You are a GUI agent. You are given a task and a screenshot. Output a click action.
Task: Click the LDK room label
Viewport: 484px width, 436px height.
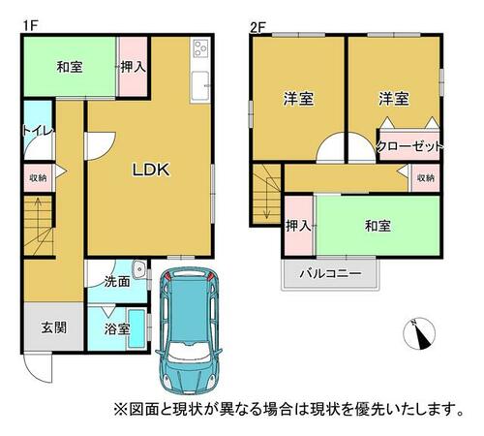tap(151, 170)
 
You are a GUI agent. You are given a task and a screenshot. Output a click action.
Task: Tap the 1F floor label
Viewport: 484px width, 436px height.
tap(31, 26)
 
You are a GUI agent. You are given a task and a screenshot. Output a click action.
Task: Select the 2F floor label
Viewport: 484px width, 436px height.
tap(258, 27)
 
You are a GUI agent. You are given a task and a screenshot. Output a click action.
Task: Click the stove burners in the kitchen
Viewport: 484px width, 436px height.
tap(200, 48)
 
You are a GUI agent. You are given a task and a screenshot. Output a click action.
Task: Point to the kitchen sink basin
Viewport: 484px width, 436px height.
tap(200, 85)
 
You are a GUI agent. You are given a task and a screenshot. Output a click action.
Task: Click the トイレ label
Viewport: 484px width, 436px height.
tap(38, 131)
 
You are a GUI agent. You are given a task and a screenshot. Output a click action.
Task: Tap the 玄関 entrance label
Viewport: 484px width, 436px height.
tap(54, 327)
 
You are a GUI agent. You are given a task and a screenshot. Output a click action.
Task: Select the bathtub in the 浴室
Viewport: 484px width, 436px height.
tap(136, 328)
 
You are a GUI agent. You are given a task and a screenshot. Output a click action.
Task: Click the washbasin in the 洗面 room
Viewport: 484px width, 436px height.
tap(139, 269)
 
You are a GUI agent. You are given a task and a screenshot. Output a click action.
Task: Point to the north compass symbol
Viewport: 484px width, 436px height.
tap(419, 333)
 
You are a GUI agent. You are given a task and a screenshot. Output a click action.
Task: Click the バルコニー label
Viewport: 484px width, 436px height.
tap(330, 274)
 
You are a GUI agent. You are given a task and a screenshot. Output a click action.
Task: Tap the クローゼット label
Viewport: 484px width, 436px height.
tap(409, 147)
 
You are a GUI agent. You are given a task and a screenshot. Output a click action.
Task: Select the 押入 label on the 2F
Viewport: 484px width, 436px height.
tap(298, 226)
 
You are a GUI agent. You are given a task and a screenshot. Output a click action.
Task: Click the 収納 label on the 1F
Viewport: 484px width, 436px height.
tap(38, 177)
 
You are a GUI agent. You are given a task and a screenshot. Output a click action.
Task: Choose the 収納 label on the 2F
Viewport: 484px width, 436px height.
tap(425, 177)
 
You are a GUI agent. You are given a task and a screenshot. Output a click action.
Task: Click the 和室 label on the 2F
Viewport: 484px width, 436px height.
tap(378, 226)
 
